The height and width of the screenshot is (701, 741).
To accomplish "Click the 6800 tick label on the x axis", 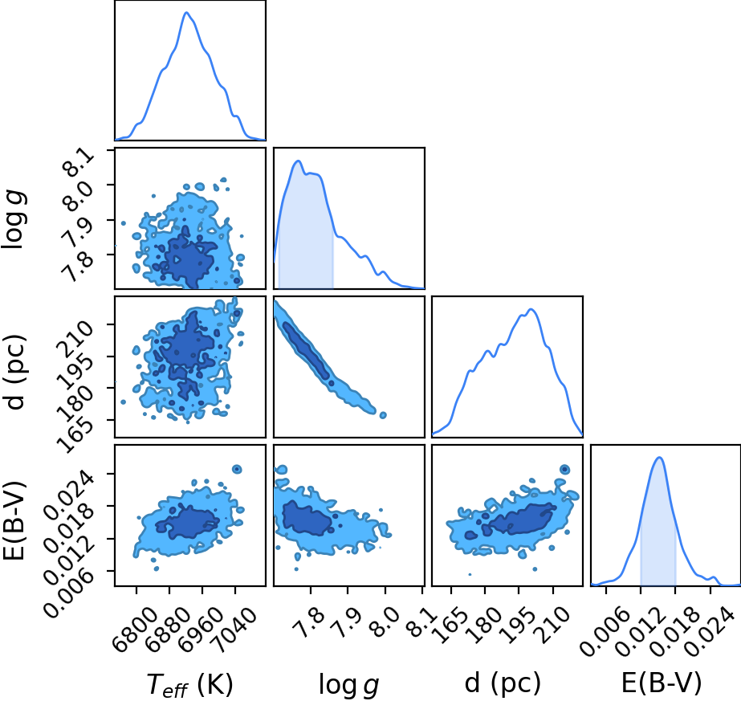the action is tap(135, 624).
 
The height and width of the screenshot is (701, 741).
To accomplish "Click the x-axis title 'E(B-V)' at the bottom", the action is tap(662, 683).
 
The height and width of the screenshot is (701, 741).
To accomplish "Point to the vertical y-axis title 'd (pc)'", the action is tap(14, 372).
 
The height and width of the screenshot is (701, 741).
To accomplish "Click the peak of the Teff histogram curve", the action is tap(186, 12).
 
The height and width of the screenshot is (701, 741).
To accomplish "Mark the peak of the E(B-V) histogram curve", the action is tap(660, 457).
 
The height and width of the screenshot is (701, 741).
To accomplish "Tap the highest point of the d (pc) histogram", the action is tap(531, 309).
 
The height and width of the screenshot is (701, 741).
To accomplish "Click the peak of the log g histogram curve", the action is tap(298, 161).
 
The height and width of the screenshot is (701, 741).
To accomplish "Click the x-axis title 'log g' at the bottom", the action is tap(349, 684).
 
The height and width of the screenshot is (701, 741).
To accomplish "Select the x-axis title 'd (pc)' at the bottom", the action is tap(503, 683).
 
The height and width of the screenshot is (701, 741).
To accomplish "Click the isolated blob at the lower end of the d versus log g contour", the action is tap(383, 415).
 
